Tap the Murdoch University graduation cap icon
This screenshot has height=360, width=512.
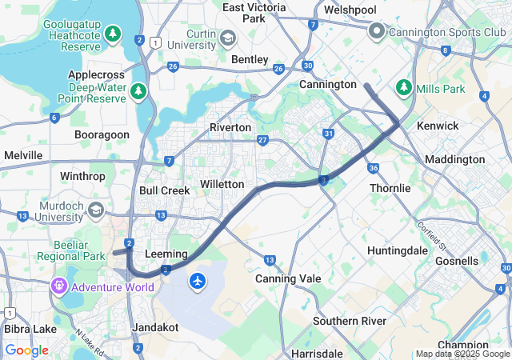pyautogui.click(x=96, y=210)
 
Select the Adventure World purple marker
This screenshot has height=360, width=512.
pyautogui.click(x=58, y=286)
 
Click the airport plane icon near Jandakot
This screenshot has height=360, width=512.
pyautogui.click(x=198, y=281)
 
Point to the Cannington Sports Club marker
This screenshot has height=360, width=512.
pyautogui.click(x=377, y=31)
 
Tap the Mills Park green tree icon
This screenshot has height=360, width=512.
pyautogui.click(x=405, y=86)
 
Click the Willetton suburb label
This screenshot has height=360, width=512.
pyautogui.click(x=222, y=184)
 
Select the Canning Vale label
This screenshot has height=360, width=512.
pyautogui.click(x=288, y=278)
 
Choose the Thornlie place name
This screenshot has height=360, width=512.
pyautogui.click(x=390, y=188)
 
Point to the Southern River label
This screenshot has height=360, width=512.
pyautogui.click(x=350, y=321)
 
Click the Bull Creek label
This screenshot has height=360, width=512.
pyautogui.click(x=164, y=190)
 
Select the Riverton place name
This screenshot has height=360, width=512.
pyautogui.click(x=230, y=127)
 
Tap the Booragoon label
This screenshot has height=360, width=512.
pyautogui.click(x=102, y=134)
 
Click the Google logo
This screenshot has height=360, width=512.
pyautogui.click(x=26, y=350)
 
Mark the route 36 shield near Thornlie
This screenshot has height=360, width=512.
pyautogui.click(x=374, y=168)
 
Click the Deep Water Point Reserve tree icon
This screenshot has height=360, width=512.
pyautogui.click(x=138, y=91)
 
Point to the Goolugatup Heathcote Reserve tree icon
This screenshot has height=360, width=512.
pyautogui.click(x=114, y=34)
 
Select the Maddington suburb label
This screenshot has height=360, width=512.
pyautogui.click(x=454, y=159)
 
